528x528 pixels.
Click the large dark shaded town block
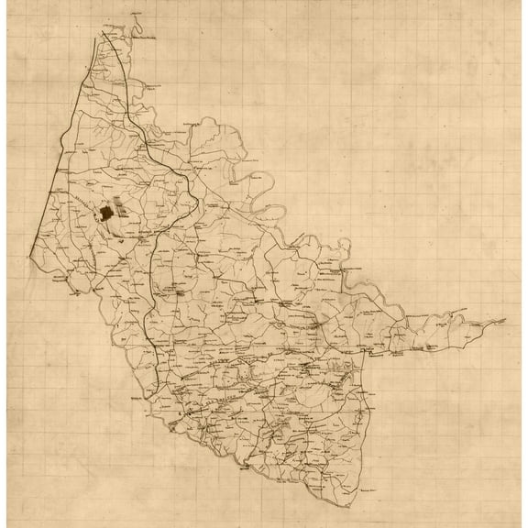click(107, 213)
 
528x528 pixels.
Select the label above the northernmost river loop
click(138, 12)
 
